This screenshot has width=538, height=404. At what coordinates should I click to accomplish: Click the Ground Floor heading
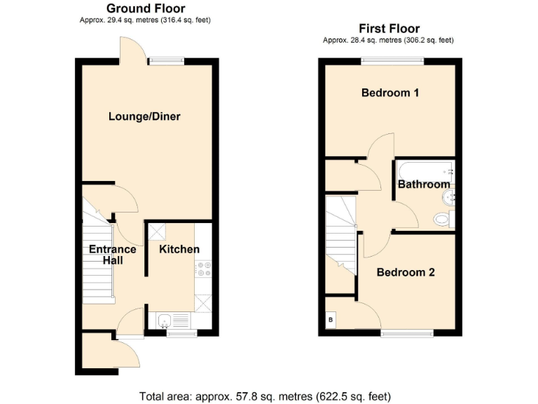click(x=146, y=8)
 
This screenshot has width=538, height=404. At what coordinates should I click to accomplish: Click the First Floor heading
click(x=389, y=29)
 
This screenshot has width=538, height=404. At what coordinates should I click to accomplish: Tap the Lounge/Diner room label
click(x=144, y=116)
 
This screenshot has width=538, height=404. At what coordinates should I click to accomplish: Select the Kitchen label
click(x=179, y=249)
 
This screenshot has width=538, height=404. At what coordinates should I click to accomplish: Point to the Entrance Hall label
click(x=112, y=255)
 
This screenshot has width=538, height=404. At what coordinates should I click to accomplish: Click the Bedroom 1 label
click(x=390, y=93)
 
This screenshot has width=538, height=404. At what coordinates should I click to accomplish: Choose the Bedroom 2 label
click(x=406, y=272)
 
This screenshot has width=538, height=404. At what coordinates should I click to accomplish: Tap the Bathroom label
click(x=424, y=184)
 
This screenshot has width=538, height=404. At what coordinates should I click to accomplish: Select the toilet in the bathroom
click(x=443, y=220)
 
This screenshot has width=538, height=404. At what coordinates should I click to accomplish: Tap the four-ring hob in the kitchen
click(x=203, y=269)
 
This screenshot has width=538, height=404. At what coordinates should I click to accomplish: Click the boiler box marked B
click(x=331, y=321)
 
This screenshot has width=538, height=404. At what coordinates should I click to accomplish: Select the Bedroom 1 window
click(x=392, y=61)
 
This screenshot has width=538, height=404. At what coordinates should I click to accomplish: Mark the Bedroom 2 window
click(x=406, y=332)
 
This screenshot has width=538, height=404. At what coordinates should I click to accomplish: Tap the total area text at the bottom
click(x=265, y=396)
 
